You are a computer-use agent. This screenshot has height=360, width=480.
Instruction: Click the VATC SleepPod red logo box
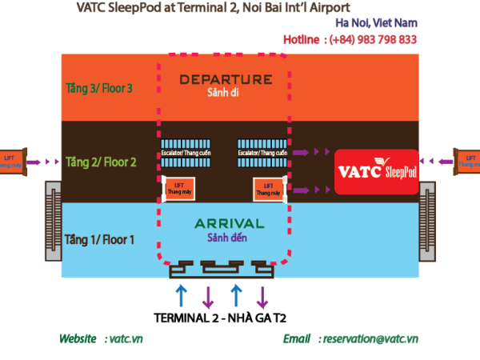[x=376, y=171]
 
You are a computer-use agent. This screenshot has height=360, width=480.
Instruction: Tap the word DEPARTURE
[x=226, y=79]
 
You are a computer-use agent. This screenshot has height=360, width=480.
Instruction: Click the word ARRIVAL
[x=229, y=223]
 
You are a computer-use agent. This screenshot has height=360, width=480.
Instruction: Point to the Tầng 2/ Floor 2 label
[x=101, y=162]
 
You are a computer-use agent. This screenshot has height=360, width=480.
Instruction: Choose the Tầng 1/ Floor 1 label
[x=99, y=239]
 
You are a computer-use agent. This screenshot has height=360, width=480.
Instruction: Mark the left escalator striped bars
[x=186, y=162]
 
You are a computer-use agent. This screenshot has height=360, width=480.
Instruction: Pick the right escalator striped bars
[x=262, y=162]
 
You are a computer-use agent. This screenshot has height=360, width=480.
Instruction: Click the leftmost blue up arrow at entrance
[x=182, y=294]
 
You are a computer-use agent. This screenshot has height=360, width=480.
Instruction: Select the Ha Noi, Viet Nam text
[x=376, y=23]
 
